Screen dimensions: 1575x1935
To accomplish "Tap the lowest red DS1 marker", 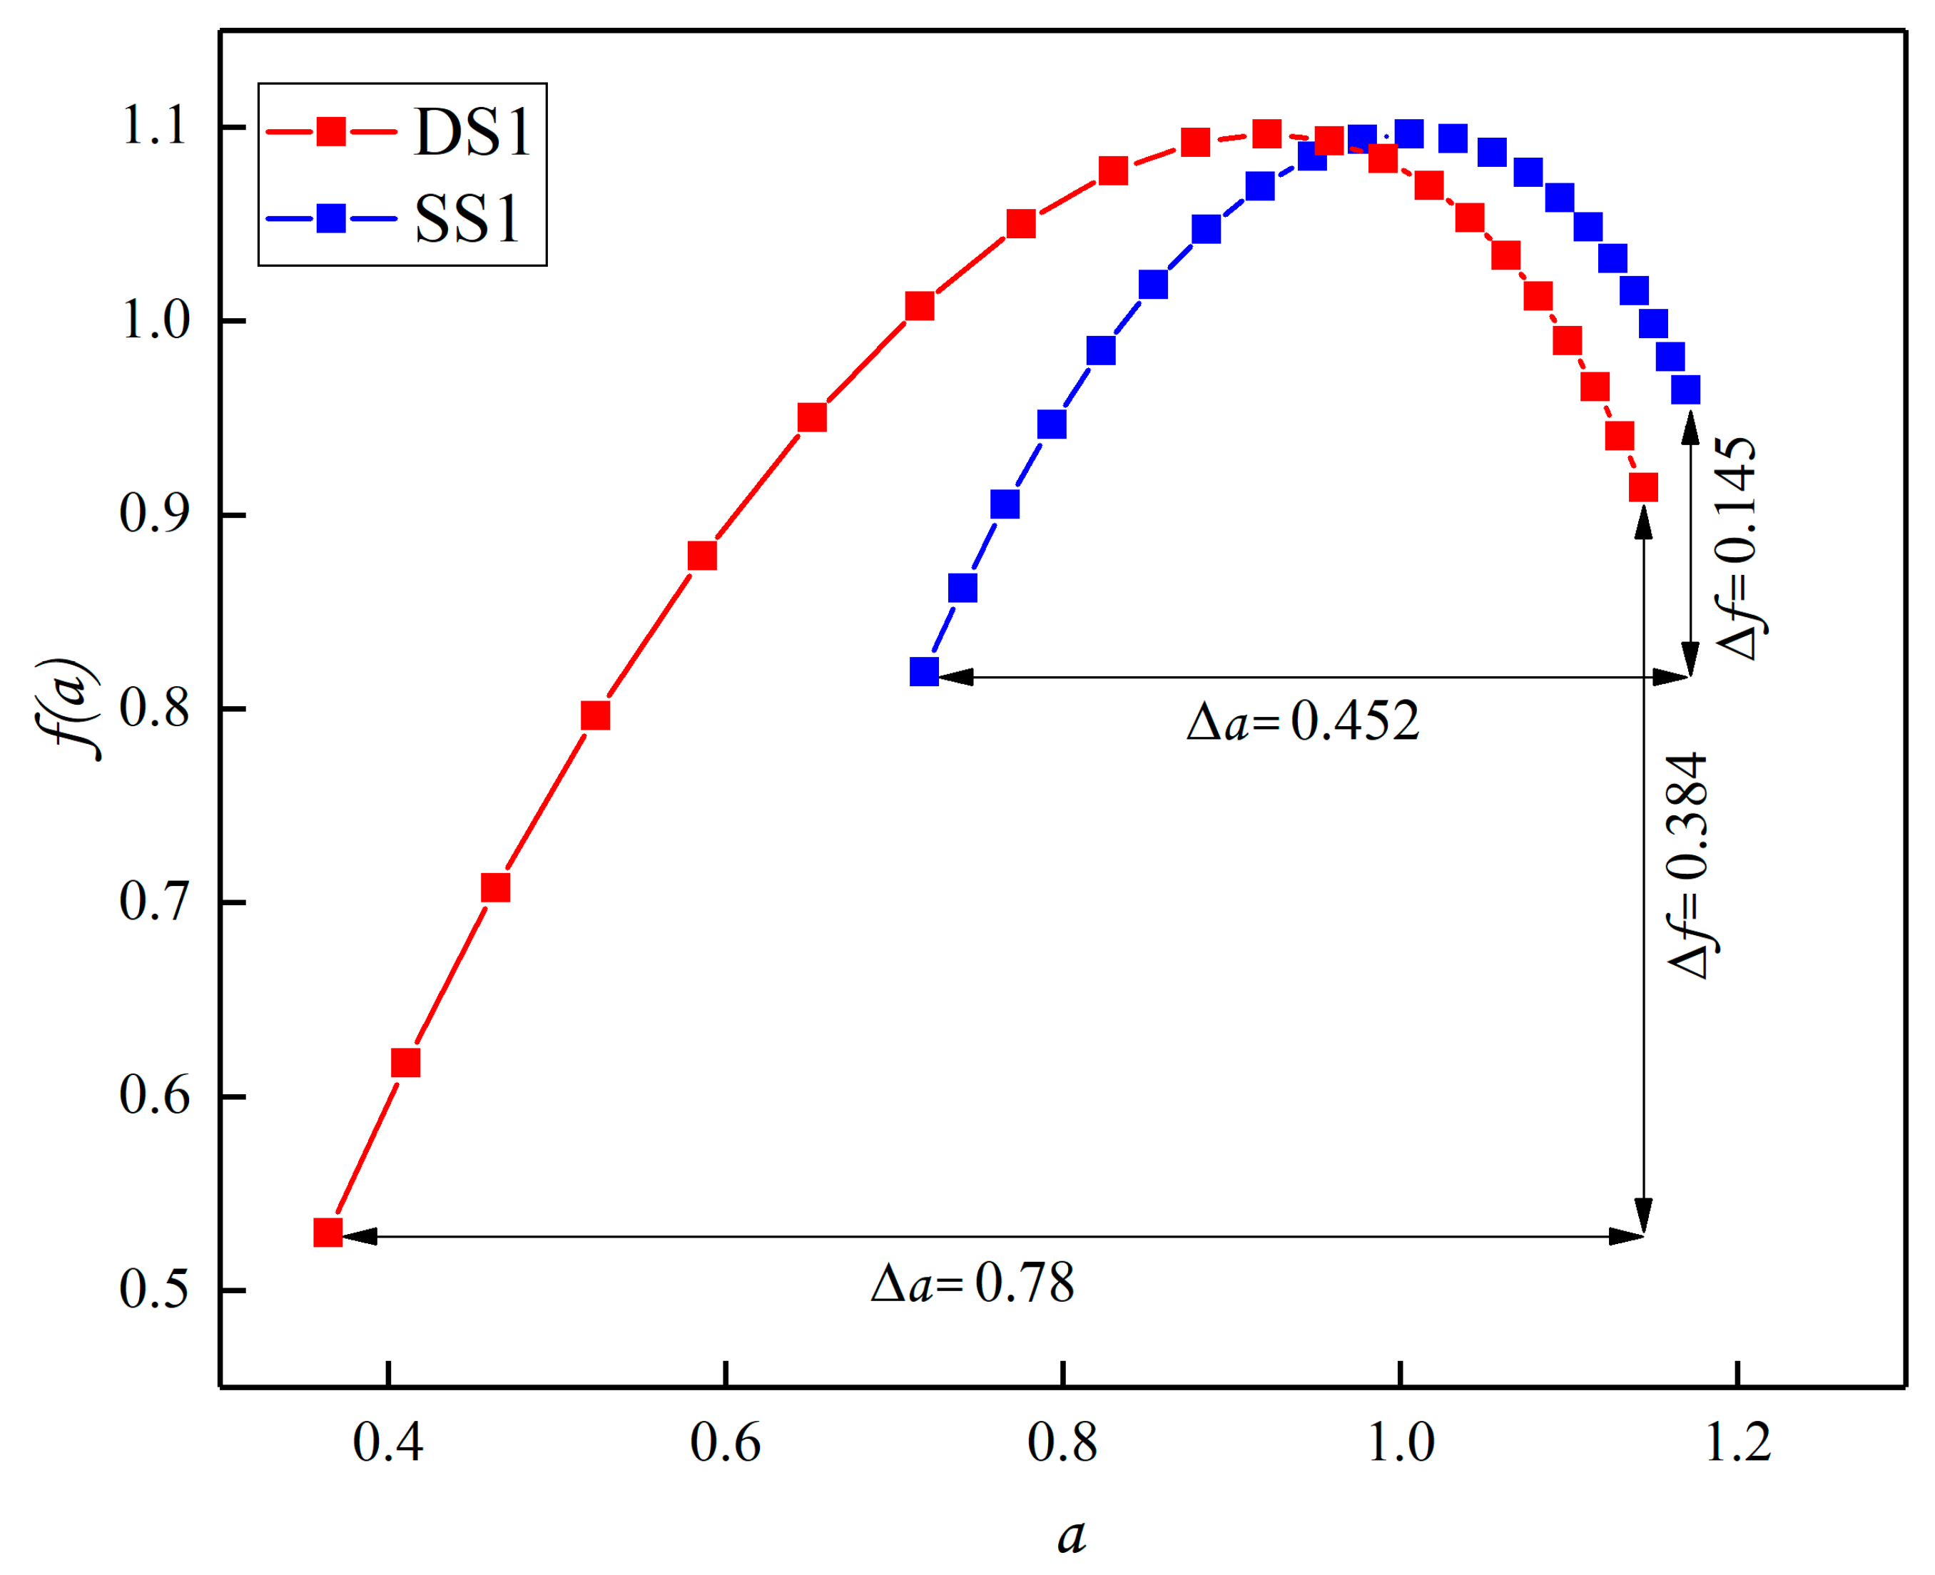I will pyautogui.click(x=327, y=1232).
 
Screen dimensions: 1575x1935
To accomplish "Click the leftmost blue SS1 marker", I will pyautogui.click(x=924, y=671).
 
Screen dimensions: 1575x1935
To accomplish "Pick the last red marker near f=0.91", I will pyautogui.click(x=1642, y=488).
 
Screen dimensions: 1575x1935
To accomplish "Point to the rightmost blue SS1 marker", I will pyautogui.click(x=1685, y=390).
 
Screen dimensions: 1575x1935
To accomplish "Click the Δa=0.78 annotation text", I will pyautogui.click(x=972, y=1284).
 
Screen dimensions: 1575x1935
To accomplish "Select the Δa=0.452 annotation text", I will pyautogui.click(x=1302, y=722).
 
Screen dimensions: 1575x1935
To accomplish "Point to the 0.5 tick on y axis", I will pyautogui.click(x=154, y=1289).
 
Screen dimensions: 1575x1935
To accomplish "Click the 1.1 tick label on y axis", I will pyautogui.click(x=154, y=126).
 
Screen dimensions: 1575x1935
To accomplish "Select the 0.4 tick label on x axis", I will pyautogui.click(x=387, y=1442).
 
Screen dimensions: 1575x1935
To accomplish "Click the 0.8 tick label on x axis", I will pyautogui.click(x=1062, y=1442).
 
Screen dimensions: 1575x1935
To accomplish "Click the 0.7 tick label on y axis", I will pyautogui.click(x=154, y=902).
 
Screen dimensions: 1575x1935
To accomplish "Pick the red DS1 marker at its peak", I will pyautogui.click(x=1266, y=134).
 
